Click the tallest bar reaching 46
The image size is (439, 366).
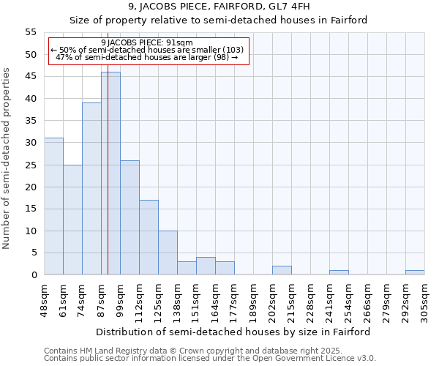click(x=110, y=173)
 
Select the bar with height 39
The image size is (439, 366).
click(x=91, y=189)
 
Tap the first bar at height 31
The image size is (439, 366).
click(x=53, y=206)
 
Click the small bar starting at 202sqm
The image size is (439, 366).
click(x=282, y=270)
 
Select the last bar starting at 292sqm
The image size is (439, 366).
click(x=415, y=272)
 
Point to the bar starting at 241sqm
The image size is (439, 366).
click(x=339, y=272)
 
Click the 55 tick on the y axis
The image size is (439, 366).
click(x=31, y=32)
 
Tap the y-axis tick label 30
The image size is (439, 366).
click(x=31, y=143)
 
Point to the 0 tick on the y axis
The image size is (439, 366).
click(x=34, y=275)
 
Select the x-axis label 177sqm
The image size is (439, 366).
click(x=234, y=301)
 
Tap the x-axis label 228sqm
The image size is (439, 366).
click(x=310, y=301)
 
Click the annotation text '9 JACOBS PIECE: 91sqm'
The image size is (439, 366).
click(x=147, y=43)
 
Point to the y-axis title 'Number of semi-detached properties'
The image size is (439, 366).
click(x=7, y=158)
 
